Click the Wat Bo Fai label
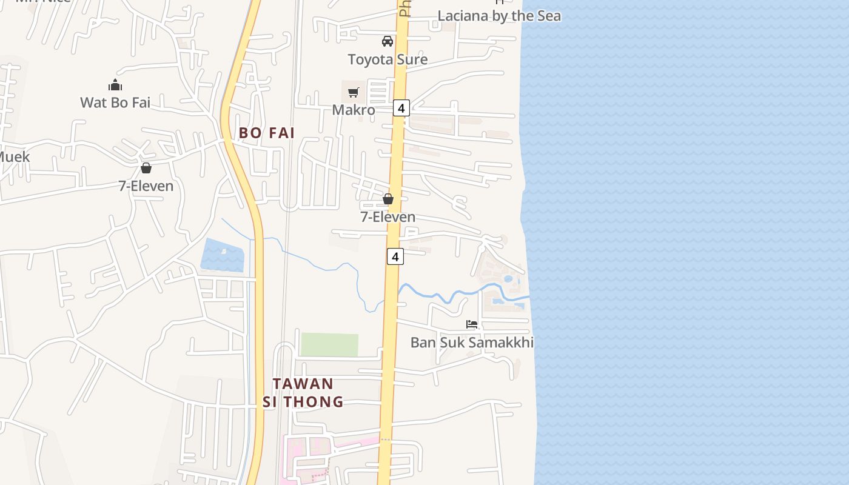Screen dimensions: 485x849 [115, 102]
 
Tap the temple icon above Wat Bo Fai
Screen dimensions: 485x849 [115, 85]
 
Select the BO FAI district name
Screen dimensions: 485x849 [267, 133]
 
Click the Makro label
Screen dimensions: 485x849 [354, 110]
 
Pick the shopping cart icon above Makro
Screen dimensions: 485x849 [354, 93]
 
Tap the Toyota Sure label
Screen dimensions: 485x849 [388, 59]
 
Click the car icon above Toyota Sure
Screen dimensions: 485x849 [388, 41]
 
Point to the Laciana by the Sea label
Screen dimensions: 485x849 [499, 16]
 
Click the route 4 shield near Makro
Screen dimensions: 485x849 [401, 108]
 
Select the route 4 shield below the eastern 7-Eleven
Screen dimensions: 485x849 [395, 256]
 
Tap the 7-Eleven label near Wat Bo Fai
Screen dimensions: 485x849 [146, 186]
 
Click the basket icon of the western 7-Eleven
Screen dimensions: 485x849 [146, 168]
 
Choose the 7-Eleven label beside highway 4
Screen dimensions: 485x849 [388, 216]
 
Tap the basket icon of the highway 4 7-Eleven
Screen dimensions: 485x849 [388, 199]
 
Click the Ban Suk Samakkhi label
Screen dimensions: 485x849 [472, 343]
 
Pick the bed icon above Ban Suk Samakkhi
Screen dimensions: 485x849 [472, 324]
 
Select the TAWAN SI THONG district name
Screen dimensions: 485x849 [303, 392]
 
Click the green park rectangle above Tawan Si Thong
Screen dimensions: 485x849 [329, 344]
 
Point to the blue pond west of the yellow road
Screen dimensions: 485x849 [223, 256]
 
